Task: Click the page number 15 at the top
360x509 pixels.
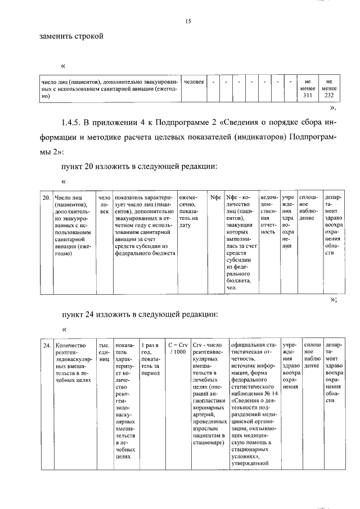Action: [188, 21]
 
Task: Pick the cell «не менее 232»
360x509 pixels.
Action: [329, 88]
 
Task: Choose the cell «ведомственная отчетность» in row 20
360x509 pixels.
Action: [269, 214]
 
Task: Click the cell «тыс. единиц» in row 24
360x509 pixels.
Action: [104, 348]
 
